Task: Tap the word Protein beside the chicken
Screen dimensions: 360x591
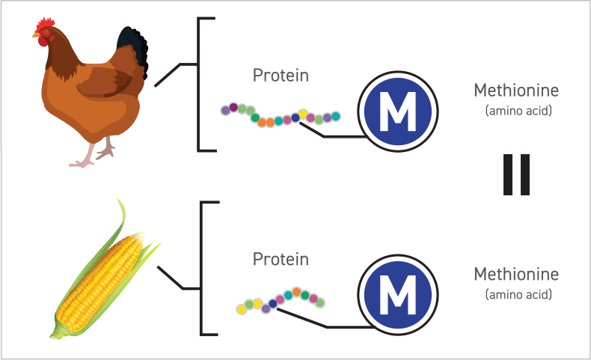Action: click(x=281, y=76)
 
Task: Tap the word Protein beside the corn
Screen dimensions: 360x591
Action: click(x=281, y=260)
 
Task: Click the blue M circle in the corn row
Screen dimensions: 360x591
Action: click(x=396, y=298)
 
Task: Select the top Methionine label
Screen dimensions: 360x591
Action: click(x=516, y=91)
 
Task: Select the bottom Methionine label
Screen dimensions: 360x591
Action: click(x=516, y=274)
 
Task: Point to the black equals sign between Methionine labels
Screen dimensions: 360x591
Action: click(x=516, y=175)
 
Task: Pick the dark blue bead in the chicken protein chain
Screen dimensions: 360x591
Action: click(x=295, y=118)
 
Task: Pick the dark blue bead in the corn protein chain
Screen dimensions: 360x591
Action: click(x=273, y=303)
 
